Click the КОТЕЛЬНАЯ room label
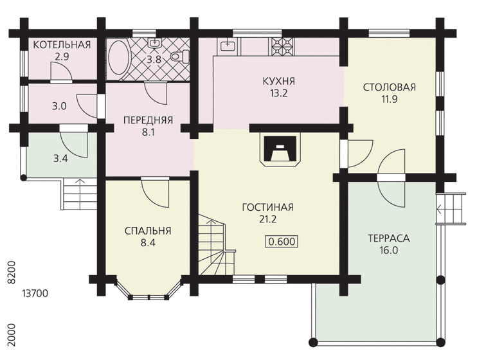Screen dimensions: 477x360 (62, 45)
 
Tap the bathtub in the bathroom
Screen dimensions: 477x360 (120, 58)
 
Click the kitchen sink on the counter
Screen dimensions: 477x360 (227, 45)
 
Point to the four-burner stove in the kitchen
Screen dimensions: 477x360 (282, 47)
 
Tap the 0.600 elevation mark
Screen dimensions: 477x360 (282, 242)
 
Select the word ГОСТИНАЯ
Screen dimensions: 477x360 (267, 207)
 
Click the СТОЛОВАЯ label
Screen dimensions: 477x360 (390, 87)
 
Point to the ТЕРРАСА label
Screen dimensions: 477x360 (389, 239)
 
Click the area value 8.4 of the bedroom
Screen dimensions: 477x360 (148, 243)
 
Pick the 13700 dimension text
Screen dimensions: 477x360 (35, 294)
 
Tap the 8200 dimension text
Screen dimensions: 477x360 (12, 273)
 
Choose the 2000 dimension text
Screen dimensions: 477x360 (12, 335)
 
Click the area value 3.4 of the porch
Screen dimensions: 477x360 (60, 159)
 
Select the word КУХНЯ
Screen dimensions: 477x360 (279, 82)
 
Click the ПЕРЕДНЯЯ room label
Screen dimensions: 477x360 (148, 120)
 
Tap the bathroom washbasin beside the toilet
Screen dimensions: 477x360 (155, 43)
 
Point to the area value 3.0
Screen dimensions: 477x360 (59, 107)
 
